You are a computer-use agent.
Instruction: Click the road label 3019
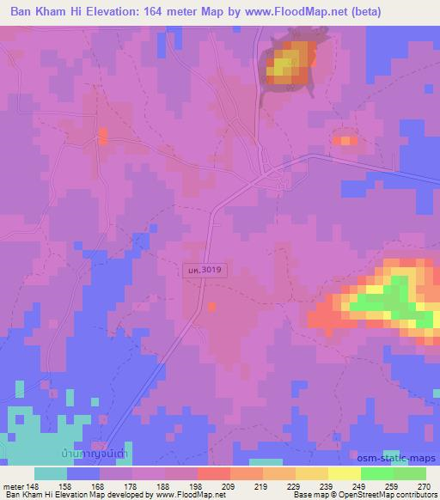pyautogui.click(x=202, y=270)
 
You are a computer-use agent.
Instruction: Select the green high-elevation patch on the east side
pyautogui.click(x=391, y=300)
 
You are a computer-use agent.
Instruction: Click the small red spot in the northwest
pyautogui.click(x=103, y=135)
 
